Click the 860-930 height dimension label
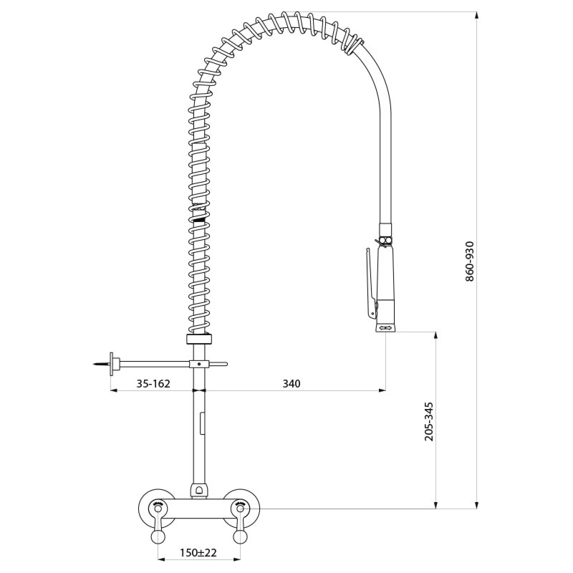[470, 261]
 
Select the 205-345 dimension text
[429, 422]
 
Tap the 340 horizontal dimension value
[292, 383]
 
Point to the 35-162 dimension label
[153, 384]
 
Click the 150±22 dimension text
[198, 552]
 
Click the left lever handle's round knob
[158, 537]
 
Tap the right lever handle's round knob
[240, 537]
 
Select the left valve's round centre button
[158, 509]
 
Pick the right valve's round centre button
[240, 509]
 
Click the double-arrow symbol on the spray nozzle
[386, 328]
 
